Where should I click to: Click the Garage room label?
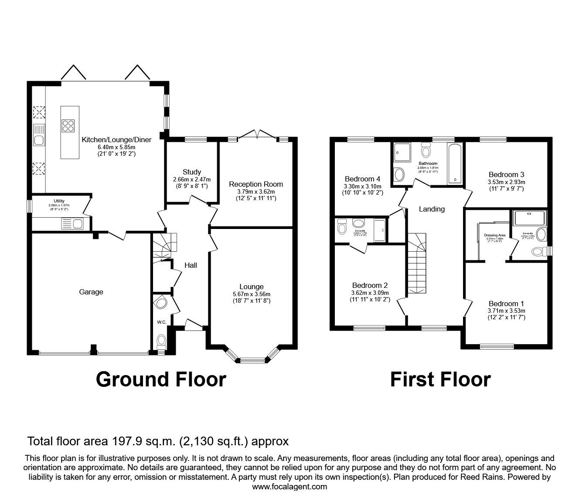coord(91,292)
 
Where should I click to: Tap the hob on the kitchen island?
coord(68,126)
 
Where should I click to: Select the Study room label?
coord(192,172)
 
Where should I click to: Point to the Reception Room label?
coord(256,184)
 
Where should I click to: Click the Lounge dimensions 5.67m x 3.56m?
coord(251,294)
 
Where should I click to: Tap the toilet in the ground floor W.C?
coord(161,340)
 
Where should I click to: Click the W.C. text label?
coord(162,322)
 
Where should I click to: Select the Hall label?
coord(191,265)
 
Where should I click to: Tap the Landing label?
coord(432,209)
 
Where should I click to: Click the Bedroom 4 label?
coord(362,179)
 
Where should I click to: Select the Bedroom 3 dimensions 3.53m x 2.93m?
coord(506,182)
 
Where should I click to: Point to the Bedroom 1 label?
coord(506,304)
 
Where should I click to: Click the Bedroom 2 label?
coord(370,286)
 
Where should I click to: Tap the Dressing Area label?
coord(494,235)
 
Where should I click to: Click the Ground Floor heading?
coord(161,379)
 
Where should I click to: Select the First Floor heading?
coord(440,379)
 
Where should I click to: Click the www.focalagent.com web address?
coord(289,487)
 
